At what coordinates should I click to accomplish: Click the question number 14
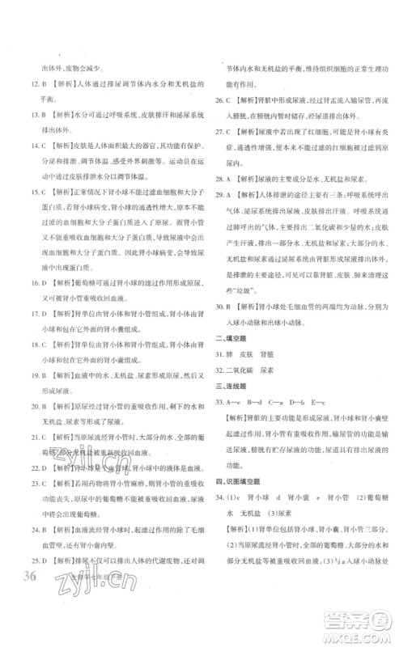29,146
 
